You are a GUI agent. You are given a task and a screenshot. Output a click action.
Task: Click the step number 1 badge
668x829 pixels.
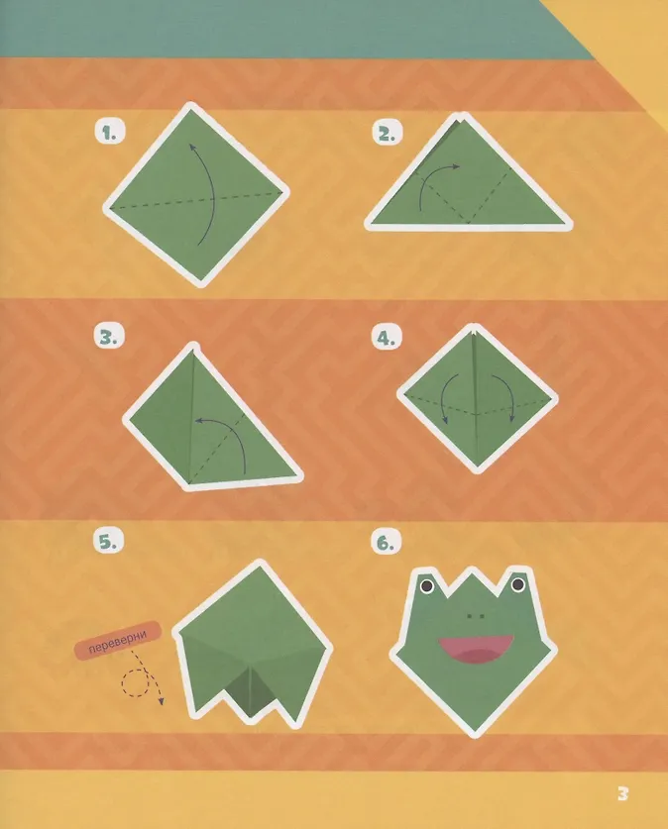109,132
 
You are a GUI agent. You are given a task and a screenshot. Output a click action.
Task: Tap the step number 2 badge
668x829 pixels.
387,133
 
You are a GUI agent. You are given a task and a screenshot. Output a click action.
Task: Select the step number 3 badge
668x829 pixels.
109,336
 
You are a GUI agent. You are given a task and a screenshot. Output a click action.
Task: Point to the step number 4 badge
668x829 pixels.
387,337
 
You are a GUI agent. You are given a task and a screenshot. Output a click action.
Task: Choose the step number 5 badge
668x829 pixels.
108,541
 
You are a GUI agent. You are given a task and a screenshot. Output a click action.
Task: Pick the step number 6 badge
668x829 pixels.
387,542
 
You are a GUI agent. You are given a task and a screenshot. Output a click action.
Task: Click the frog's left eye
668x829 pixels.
427,585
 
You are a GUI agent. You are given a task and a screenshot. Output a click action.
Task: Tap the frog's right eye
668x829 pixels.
517,584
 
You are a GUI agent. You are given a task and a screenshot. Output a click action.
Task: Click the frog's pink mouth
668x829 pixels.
476,649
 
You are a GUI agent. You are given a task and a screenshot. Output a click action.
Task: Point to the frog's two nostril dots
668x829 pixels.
476,616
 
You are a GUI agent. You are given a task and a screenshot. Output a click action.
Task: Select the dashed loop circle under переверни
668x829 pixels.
136,682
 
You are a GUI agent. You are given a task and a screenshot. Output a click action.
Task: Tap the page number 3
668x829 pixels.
622,793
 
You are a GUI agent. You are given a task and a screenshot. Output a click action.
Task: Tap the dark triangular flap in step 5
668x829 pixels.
251,693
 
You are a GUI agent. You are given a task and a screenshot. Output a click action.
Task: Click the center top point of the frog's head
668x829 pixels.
473,569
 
